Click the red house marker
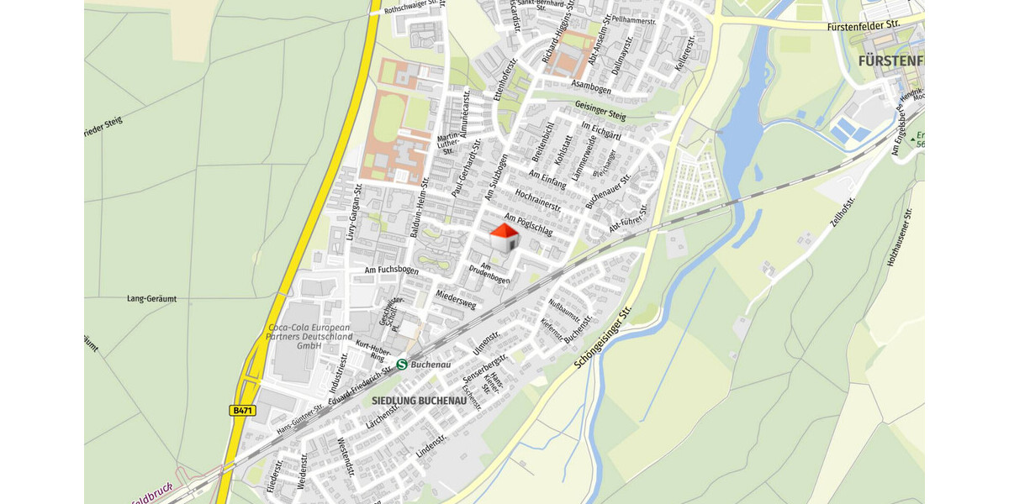pos(504,238)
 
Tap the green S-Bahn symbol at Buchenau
pos(402,365)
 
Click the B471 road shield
pos(241,411)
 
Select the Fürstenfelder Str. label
pos(864,25)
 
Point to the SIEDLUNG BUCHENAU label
pos(419,402)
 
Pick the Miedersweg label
pos(457,300)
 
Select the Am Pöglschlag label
pos(528,223)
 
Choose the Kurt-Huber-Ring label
pos(371,350)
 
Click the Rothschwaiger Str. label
pos(413,8)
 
